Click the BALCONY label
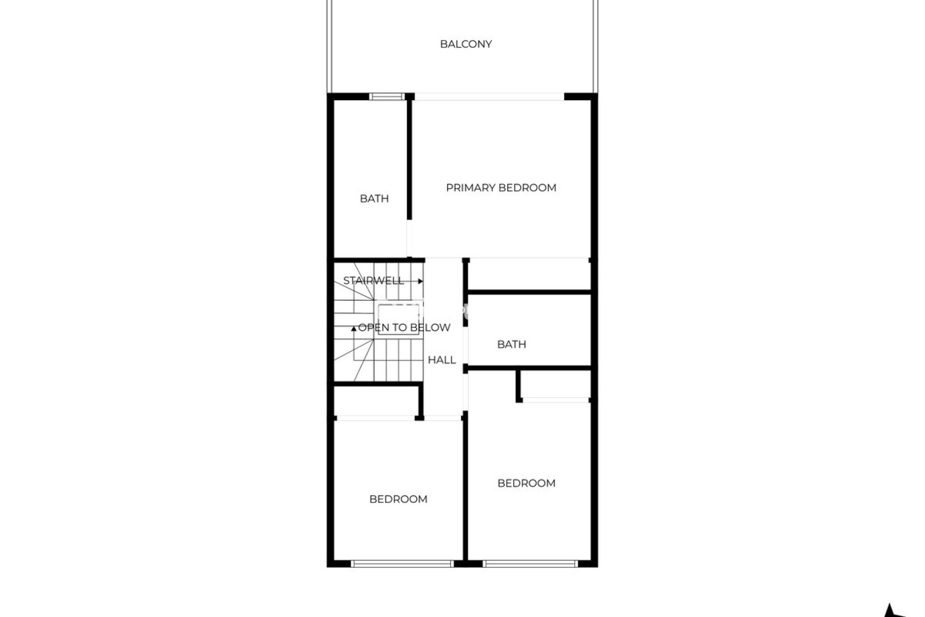pos(466,44)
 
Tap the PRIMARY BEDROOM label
pos(501,188)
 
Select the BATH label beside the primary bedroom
pos(374,199)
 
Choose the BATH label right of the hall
pos(512,344)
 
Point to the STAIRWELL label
pos(373,281)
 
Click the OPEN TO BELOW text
pos(404,328)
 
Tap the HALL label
pos(442,360)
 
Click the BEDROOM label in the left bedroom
pos(398,499)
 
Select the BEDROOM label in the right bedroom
pos(527,483)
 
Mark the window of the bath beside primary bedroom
pos(387,96)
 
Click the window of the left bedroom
pos(402,563)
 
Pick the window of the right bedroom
pos(530,563)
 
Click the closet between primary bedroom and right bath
pos(529,275)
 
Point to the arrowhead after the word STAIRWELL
pos(421,281)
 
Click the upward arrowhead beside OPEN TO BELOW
pos(354,329)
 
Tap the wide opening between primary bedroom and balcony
pos(489,97)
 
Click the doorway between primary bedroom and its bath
pos(410,239)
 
